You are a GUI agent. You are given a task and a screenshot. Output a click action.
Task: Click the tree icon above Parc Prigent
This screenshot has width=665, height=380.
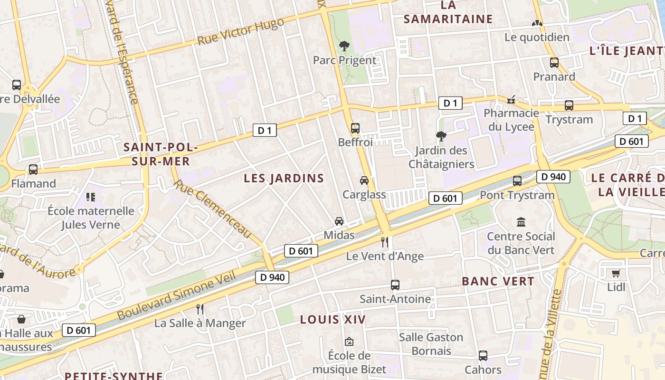344,46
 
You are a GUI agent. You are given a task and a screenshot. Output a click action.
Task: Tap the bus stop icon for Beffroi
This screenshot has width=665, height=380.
355,128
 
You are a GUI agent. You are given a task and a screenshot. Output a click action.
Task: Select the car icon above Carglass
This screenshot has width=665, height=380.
364,180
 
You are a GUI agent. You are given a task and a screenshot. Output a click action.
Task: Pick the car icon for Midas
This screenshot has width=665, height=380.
339,221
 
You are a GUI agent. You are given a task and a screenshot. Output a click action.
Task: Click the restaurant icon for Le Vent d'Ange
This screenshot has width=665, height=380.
385,242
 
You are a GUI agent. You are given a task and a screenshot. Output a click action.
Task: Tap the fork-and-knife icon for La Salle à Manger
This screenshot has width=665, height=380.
200,309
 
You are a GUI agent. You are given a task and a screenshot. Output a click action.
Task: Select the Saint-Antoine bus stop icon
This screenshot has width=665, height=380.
395,285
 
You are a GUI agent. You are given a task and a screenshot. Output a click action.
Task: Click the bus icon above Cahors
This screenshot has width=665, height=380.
483,356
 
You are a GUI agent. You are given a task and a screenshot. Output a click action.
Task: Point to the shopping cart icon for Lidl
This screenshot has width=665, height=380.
616,273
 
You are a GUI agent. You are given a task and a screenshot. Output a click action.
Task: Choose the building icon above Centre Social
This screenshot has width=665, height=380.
521,222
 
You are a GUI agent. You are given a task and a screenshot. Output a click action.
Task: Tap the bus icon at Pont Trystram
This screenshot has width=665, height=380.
517,181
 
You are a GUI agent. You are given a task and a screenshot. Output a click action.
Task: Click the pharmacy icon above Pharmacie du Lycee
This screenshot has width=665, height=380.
511,100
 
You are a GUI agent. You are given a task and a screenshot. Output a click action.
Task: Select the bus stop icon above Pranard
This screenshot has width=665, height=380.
554,63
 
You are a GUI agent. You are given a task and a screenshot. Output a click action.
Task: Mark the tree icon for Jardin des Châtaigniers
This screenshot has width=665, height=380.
441,136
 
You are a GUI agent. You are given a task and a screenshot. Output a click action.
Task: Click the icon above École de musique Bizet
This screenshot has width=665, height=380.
349,342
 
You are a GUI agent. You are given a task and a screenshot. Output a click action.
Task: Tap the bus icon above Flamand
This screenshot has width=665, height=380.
33,170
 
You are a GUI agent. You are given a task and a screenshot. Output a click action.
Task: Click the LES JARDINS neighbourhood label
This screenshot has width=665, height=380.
284,179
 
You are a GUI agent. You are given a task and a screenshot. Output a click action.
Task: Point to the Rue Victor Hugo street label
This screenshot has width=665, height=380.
240,31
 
